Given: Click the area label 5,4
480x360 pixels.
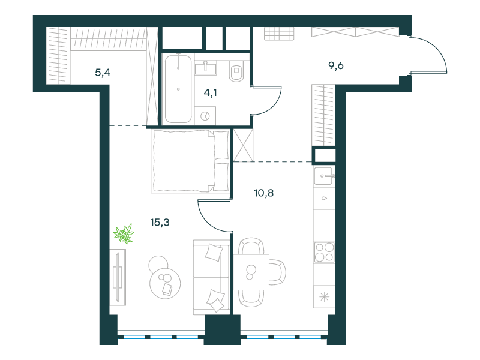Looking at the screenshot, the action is tap(103, 73).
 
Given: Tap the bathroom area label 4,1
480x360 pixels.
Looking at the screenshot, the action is tap(211, 92).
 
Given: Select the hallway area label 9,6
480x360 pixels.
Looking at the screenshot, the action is tap(336, 65).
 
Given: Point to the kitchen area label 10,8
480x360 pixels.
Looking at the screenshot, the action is tap(263, 193).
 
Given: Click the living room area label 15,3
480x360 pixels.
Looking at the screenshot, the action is tap(160, 222).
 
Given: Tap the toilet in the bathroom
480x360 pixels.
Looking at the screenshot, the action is tap(236, 71).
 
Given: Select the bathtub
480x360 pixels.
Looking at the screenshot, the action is tap(178, 89).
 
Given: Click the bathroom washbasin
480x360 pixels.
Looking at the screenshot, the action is tap(206, 68).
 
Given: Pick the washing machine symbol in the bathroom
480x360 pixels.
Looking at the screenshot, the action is tap(205, 116).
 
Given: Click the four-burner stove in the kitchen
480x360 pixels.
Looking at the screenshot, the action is tap(324, 252).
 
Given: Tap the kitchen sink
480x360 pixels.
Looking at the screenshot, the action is tap(323, 176).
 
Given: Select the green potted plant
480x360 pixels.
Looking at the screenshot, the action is tap(124, 233).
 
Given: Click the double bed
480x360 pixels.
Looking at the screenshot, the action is tap(190, 161).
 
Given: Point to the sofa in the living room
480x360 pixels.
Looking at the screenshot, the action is tap(212, 277).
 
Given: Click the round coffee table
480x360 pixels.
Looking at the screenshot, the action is tap(165, 283).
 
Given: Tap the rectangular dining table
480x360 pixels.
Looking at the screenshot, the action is tap(251, 272).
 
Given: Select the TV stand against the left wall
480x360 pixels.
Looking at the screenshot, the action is tap(118, 277).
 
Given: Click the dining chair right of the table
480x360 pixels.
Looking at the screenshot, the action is tap(278, 272).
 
